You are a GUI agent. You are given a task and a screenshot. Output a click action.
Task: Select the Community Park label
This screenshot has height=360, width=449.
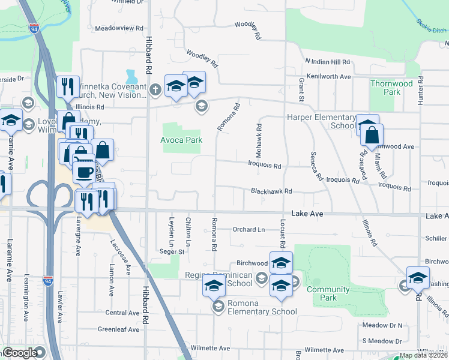point(328,293)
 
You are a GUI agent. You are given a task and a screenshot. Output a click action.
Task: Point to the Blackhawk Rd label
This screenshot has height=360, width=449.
point(271,191)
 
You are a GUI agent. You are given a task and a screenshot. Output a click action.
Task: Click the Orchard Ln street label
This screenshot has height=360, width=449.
point(249,229)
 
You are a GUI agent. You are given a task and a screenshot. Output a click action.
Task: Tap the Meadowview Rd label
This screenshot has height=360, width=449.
point(120,28)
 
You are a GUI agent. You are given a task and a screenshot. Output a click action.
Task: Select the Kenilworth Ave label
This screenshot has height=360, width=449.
point(328,77)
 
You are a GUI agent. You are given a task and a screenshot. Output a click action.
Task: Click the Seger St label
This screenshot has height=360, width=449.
point(172,251)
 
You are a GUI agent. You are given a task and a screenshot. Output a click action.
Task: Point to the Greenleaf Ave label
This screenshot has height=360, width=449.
point(119,329)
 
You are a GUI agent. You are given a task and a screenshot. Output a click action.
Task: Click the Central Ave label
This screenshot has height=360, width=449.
point(122,313)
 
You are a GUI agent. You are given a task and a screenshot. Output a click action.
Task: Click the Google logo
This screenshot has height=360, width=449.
point(19,353)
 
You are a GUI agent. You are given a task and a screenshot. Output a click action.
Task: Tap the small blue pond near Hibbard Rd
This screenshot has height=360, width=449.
point(131,77)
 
